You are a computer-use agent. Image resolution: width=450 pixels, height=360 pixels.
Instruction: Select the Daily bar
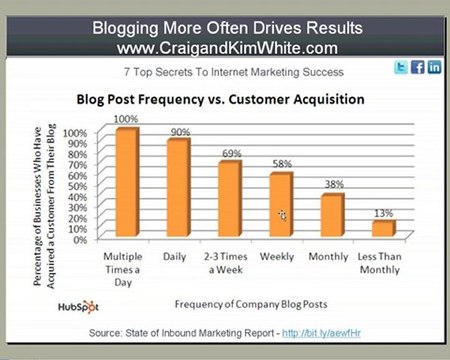point(178,189)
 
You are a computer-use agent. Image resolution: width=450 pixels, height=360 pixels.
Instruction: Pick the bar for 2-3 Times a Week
point(229,200)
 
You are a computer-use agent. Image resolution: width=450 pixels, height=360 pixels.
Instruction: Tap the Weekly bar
point(281,206)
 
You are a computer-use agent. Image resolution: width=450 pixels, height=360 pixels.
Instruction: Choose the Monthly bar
point(332,217)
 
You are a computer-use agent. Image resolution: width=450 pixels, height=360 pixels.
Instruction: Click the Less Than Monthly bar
point(383,230)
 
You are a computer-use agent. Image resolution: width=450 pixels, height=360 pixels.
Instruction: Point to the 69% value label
point(231,152)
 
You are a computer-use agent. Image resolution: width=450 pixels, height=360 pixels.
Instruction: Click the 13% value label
point(384,213)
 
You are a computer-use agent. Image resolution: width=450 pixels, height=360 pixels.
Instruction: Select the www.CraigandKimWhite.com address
point(225,47)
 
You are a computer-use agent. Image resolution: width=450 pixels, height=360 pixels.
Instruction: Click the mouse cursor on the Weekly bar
point(283,215)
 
